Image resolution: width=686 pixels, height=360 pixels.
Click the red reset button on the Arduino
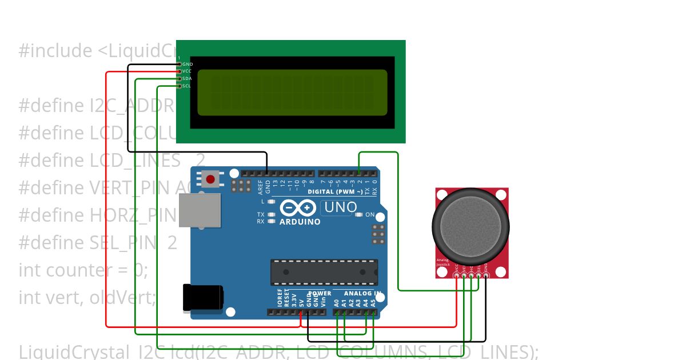[210, 179]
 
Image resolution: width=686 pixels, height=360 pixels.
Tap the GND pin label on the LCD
[188, 64]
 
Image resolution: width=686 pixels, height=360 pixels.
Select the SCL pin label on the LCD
[187, 86]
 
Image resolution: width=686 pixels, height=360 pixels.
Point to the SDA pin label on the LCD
[187, 78]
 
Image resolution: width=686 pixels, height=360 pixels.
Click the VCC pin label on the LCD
[187, 71]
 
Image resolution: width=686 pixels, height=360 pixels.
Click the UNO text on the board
[340, 207]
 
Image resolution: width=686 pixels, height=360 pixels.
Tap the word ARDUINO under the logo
[300, 222]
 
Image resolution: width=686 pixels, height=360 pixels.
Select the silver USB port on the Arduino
[200, 210]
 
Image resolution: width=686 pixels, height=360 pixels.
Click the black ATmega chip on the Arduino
[324, 272]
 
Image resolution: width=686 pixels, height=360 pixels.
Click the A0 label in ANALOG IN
[337, 303]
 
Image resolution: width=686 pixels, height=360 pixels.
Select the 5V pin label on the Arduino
[301, 302]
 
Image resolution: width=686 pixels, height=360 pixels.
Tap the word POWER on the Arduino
[320, 293]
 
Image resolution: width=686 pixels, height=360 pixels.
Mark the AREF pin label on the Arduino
[260, 184]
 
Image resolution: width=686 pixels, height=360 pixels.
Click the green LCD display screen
[292, 93]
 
